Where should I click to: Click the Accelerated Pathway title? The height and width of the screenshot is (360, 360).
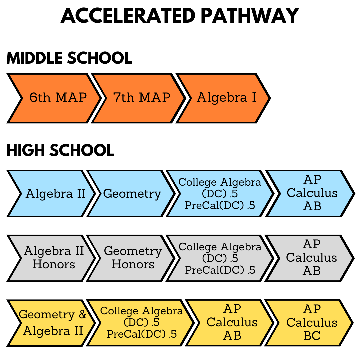pyautogui.click(x=180, y=16)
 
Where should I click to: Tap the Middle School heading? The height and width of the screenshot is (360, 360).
pyautogui.click(x=69, y=58)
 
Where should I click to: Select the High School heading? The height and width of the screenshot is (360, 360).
pyautogui.click(x=60, y=150)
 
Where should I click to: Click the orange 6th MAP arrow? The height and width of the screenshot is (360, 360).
pyautogui.click(x=54, y=98)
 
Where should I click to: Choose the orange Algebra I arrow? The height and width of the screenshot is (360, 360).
pyautogui.click(x=223, y=98)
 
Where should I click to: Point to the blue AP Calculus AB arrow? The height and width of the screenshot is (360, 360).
pyautogui.click(x=310, y=194)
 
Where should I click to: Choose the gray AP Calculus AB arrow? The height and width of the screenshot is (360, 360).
pyautogui.click(x=309, y=258)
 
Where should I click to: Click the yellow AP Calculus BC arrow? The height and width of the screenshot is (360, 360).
pyautogui.click(x=309, y=323)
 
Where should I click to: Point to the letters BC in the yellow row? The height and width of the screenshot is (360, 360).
pyautogui.click(x=312, y=336)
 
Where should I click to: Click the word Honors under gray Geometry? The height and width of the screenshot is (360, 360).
pyautogui.click(x=133, y=264)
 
